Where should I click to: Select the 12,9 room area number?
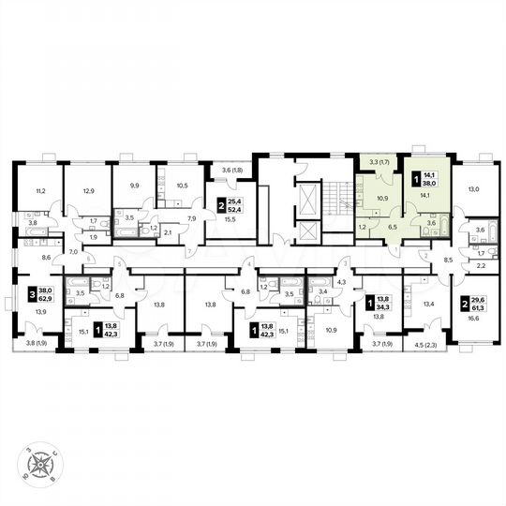(89, 189)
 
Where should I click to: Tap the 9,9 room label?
(134, 186)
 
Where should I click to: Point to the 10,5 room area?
(182, 186)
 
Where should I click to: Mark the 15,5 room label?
(229, 218)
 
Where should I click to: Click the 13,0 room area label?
(473, 189)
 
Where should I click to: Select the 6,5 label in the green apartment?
(394, 227)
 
